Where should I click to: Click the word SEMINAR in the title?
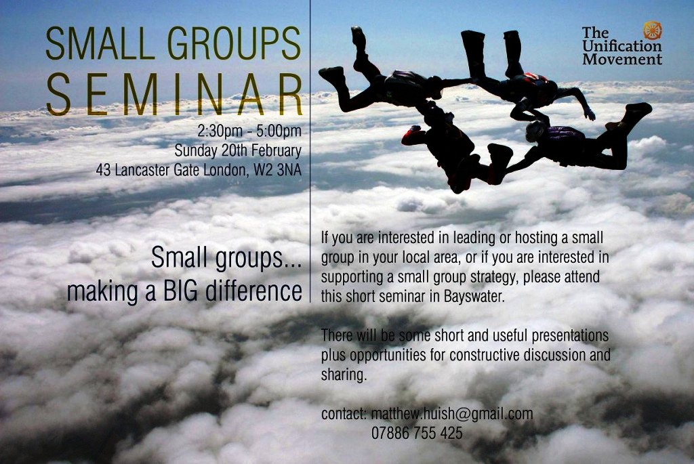pyautogui.click(x=174, y=95)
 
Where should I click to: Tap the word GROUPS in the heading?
pyautogui.click(x=234, y=43)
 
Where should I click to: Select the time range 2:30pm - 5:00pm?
pyautogui.click(x=249, y=131)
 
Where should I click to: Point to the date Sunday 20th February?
pyautogui.click(x=238, y=150)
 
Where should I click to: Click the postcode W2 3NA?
pyautogui.click(x=277, y=170)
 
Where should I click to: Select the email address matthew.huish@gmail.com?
pyautogui.click(x=452, y=414)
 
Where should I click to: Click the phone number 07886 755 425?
pyautogui.click(x=417, y=433)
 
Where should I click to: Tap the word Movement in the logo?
pyautogui.click(x=622, y=59)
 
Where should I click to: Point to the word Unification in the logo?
pyautogui.click(x=622, y=46)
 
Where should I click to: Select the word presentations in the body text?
pyautogui.click(x=570, y=336)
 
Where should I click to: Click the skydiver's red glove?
pyautogui.click(x=411, y=135)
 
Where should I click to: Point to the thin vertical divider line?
pyautogui.click(x=310, y=151)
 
